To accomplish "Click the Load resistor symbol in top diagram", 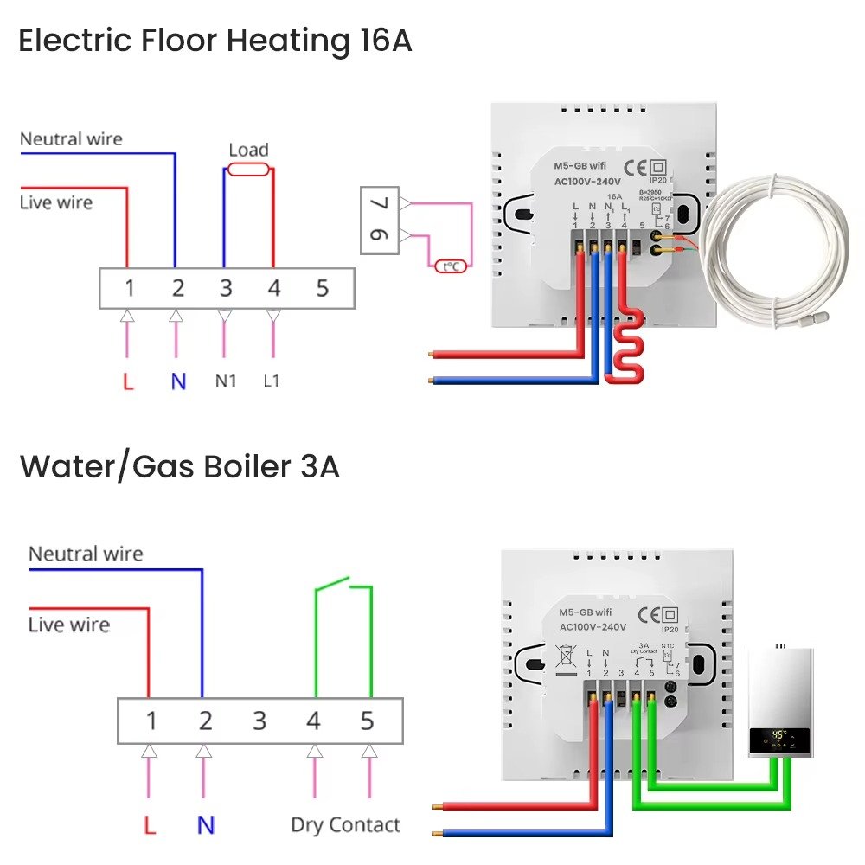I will point(248,170).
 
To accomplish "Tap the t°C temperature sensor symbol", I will point(451,266).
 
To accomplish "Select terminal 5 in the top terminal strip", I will point(323,288).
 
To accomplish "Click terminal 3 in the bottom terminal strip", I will point(259,721).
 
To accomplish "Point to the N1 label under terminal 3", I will point(225,380).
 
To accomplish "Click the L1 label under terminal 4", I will point(272,380).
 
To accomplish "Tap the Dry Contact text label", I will point(346,824).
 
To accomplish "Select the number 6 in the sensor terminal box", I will point(381,235).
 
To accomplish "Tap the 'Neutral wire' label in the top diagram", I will point(71,139).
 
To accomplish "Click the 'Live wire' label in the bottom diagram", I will point(69,625).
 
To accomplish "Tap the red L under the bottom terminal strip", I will point(150,825).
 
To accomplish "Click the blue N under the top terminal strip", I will point(177,381).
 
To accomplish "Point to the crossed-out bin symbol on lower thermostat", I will point(566,659).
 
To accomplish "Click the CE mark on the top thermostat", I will point(634,166).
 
